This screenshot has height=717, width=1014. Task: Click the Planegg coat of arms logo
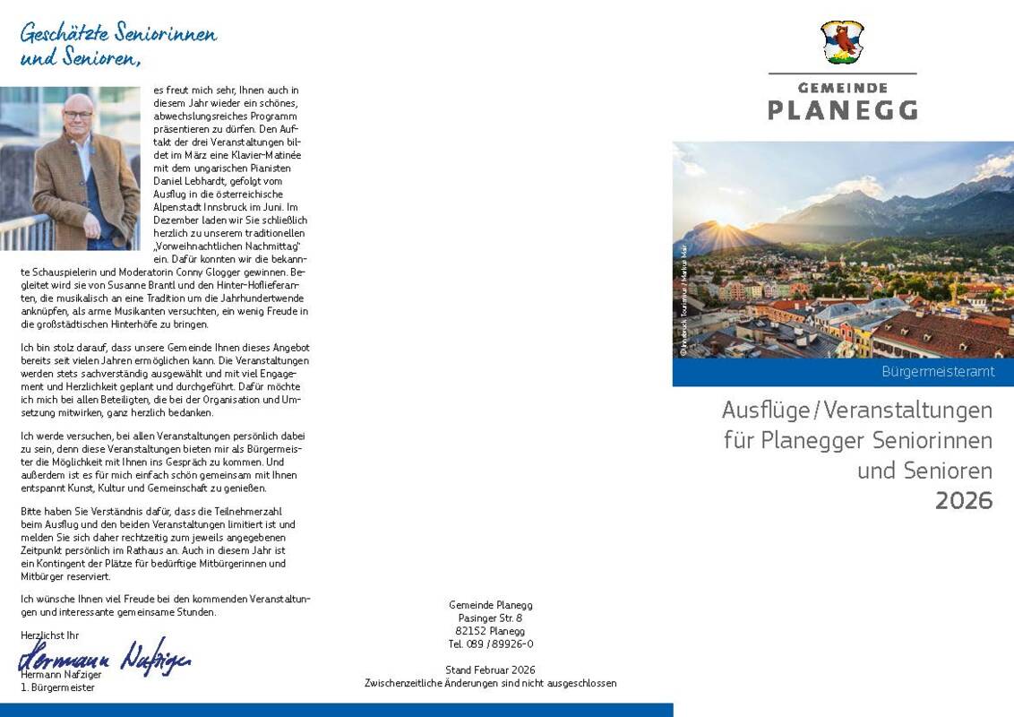(842, 42)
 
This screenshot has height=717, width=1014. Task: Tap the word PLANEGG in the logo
(842, 110)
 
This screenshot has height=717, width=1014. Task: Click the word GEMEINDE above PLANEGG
(842, 88)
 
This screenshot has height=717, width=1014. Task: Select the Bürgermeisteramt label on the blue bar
(938, 372)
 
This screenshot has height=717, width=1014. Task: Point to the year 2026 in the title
(964, 500)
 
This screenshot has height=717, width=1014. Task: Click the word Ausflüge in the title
(764, 410)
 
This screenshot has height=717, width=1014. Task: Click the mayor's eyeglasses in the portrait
(78, 114)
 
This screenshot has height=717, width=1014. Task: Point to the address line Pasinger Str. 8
(490, 618)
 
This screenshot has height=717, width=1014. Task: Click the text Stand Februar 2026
(490, 669)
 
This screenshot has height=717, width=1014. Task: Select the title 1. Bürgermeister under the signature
(57, 687)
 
